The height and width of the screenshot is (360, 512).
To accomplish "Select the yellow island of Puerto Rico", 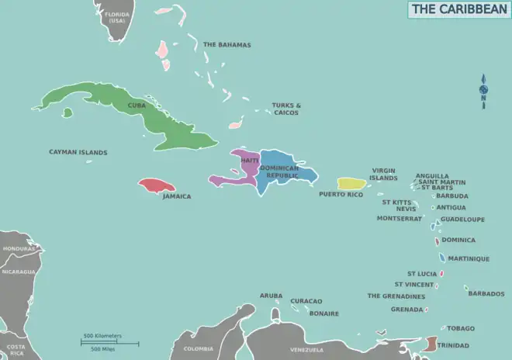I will [x=351, y=184].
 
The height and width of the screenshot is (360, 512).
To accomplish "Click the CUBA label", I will [x=137, y=106].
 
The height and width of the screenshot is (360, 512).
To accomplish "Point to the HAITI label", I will [x=249, y=160].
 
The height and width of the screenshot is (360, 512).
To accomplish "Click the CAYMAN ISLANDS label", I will [x=78, y=153].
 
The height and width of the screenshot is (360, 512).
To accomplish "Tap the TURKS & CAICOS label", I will [x=286, y=109].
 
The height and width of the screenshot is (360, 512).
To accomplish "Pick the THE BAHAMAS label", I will [x=227, y=45].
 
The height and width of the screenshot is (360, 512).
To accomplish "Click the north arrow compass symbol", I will [x=483, y=92].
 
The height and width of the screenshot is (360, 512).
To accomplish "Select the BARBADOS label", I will [x=486, y=293].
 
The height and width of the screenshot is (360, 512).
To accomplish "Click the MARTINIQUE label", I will [x=469, y=258].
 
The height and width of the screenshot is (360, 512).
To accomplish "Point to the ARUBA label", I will [x=271, y=296].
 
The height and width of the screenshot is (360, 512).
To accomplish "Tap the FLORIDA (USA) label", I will [x=117, y=17].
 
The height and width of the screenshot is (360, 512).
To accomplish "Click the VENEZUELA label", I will [x=306, y=350].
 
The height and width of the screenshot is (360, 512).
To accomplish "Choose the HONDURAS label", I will [x=19, y=248].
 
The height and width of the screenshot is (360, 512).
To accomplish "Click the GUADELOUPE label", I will [x=462, y=220].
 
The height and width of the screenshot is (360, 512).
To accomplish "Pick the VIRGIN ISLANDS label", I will [x=384, y=174].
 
